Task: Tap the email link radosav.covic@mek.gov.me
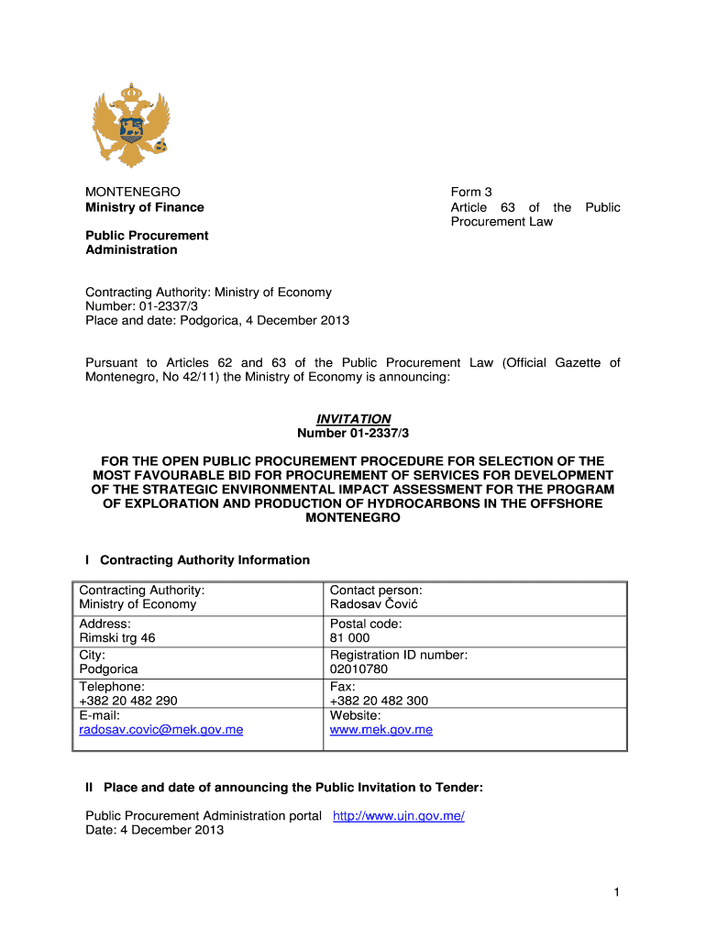click(x=161, y=730)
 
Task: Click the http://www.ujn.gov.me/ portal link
click(x=398, y=815)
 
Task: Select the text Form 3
click(x=471, y=192)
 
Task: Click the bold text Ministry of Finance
click(x=145, y=207)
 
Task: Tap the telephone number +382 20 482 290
click(x=128, y=700)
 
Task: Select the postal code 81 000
click(x=349, y=637)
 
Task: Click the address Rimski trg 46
click(x=117, y=637)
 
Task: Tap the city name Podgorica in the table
click(x=110, y=668)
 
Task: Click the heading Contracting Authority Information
click(x=204, y=559)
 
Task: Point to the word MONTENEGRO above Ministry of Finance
click(x=133, y=192)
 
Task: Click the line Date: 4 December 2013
click(x=154, y=830)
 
